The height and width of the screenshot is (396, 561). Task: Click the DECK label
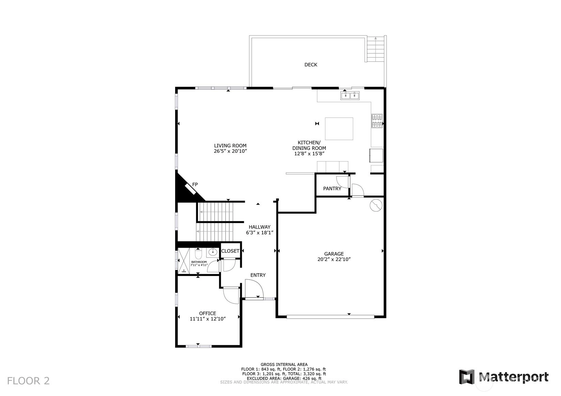click(311, 65)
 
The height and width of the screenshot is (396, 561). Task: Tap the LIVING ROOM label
click(230, 146)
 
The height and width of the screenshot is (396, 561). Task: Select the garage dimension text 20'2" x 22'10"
click(334, 260)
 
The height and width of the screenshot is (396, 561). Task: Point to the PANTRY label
click(332, 188)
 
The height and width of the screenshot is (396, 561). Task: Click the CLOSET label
click(230, 251)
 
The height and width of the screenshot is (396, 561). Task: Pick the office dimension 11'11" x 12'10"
click(208, 319)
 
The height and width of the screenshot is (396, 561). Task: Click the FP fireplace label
click(195, 185)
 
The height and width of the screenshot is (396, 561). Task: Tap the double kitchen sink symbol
click(349, 95)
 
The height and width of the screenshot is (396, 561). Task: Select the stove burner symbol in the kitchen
click(377, 121)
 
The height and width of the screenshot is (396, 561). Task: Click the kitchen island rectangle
click(339, 129)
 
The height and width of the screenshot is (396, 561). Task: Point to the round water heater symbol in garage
click(376, 205)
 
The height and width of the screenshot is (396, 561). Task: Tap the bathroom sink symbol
click(213, 252)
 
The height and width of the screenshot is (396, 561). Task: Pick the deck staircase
click(375, 49)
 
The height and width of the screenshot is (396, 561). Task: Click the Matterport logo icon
click(466, 377)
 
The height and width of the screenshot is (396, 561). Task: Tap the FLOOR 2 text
click(28, 381)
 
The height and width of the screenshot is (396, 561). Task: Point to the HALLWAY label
click(260, 227)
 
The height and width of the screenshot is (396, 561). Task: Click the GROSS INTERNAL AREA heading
click(284, 364)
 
